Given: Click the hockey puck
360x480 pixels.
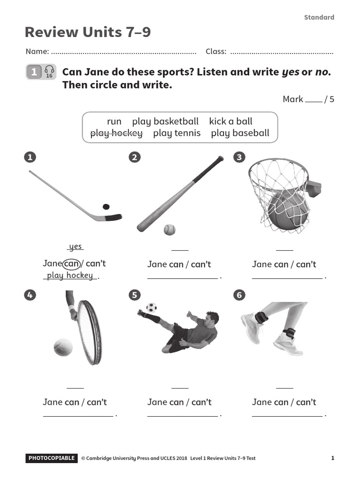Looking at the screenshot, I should point(106,207).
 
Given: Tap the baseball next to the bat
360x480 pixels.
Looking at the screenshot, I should point(169,230).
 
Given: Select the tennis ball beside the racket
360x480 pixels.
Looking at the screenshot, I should point(63,348).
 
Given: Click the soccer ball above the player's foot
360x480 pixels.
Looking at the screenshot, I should point(151,308).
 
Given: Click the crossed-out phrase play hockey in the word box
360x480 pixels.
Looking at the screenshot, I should point(116,133).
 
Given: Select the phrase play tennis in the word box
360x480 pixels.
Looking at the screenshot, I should point(177,133).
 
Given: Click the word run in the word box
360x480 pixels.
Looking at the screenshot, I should point(114,121).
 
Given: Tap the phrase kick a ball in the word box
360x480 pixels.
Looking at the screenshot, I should point(231,121).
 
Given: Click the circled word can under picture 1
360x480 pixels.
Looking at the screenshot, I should point(72,264).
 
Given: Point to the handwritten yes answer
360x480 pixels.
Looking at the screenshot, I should point(75,247).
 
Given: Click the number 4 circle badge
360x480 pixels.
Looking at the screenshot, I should point(30,295).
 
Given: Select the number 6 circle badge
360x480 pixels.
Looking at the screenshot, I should point(240,295).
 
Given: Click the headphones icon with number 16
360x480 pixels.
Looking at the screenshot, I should point(49,72).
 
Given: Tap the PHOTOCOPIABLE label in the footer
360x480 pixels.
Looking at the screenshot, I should point(51,458).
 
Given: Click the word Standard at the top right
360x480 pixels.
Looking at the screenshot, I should point(319,17).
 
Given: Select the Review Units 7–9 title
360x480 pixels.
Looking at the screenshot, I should point(88,33).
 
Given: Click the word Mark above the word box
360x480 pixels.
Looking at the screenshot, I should point(292,99).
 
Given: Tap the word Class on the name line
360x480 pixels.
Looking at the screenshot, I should point(216,52).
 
